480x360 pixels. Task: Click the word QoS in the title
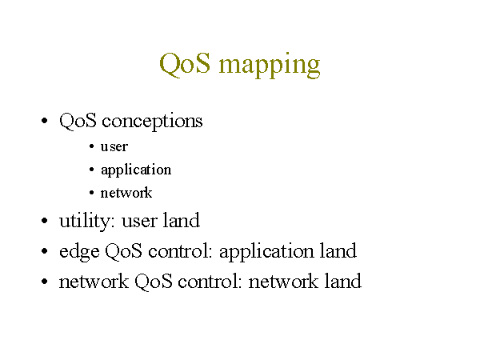pyautogui.click(x=185, y=63)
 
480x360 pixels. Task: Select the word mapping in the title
pyautogui.click(x=270, y=66)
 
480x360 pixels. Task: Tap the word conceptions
pyautogui.click(x=152, y=122)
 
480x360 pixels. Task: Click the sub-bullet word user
pyautogui.click(x=114, y=147)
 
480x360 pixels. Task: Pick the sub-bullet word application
pyautogui.click(x=136, y=170)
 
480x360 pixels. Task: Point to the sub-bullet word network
pyautogui.click(x=126, y=193)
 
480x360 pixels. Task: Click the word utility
pyautogui.click(x=87, y=221)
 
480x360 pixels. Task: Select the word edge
pyautogui.click(x=79, y=252)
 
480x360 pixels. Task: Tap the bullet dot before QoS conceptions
pyautogui.click(x=44, y=120)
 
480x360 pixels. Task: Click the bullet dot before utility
pyautogui.click(x=44, y=221)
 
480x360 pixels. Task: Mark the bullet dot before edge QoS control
pyautogui.click(x=44, y=251)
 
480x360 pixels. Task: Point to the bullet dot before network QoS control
pyautogui.click(x=44, y=281)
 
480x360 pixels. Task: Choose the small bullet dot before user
pyautogui.click(x=91, y=146)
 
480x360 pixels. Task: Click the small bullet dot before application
pyautogui.click(x=91, y=170)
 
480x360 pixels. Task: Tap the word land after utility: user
pyautogui.click(x=182, y=220)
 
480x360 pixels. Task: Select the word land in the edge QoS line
pyautogui.click(x=338, y=250)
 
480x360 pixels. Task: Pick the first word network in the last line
pyautogui.click(x=94, y=281)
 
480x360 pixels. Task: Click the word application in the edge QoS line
pyautogui.click(x=266, y=252)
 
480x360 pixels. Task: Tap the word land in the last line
pyautogui.click(x=343, y=281)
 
